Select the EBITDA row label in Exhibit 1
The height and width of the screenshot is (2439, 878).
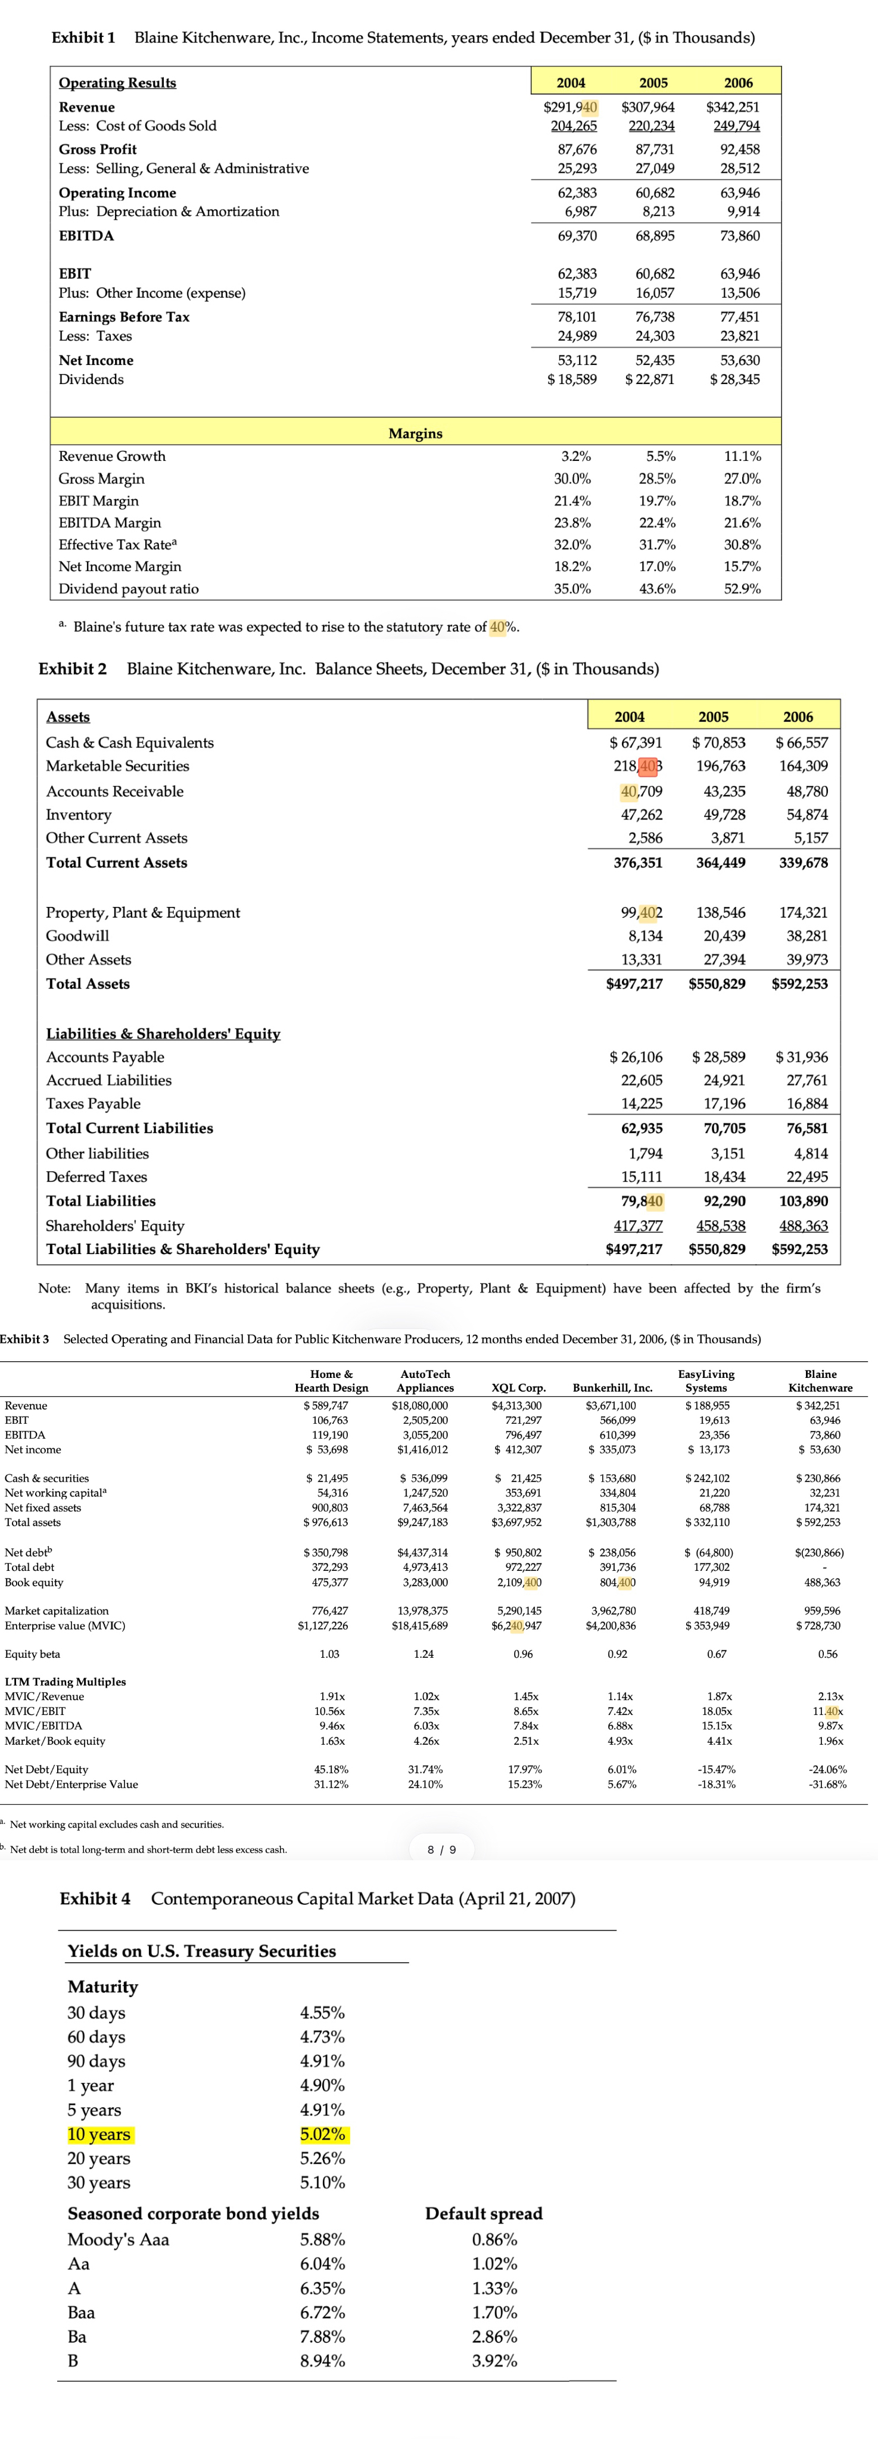point(86,236)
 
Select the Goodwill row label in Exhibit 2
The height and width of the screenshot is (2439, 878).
point(77,935)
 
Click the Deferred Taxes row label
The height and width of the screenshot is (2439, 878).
point(96,1177)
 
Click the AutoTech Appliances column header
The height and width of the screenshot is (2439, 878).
point(425,1380)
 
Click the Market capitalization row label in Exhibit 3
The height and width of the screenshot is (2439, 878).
point(57,1611)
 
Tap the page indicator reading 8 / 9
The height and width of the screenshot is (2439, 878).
point(443,1849)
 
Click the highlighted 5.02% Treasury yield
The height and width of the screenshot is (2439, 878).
point(322,2134)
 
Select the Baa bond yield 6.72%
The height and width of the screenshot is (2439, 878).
point(322,2312)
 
